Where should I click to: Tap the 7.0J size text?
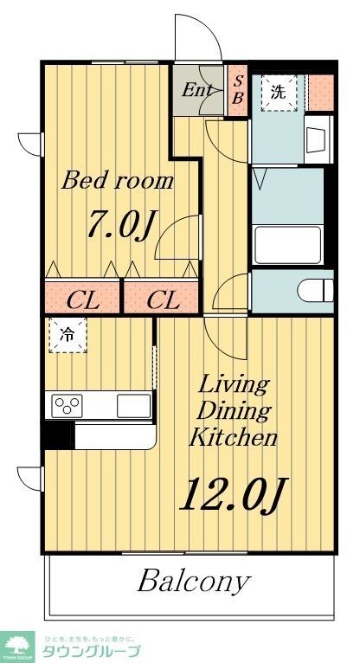click(119, 225)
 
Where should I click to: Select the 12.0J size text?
click(232, 495)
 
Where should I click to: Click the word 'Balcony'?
click(193, 581)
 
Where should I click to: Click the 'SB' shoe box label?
click(238, 90)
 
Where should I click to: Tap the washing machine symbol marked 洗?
click(277, 92)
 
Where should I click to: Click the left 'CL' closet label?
click(83, 300)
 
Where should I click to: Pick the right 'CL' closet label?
click(163, 300)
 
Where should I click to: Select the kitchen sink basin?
click(133, 404)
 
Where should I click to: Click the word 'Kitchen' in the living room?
click(234, 437)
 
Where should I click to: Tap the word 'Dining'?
click(233, 410)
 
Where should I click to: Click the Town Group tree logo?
click(17, 645)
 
